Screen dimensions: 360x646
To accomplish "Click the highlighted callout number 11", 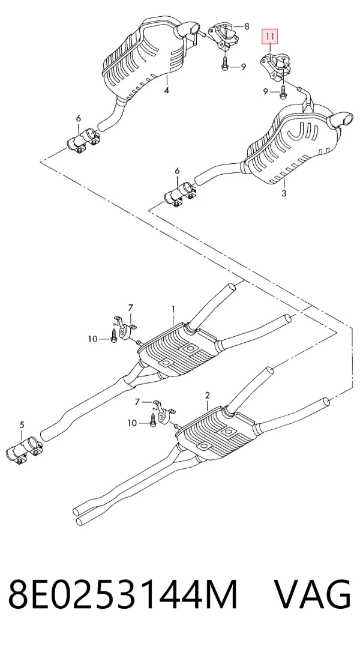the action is pyautogui.click(x=270, y=37).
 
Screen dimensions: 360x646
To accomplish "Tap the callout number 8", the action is pyautogui.click(x=247, y=27).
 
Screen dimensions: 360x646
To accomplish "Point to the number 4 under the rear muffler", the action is pyautogui.click(x=166, y=89).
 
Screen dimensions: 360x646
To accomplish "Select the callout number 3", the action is pyautogui.click(x=283, y=192).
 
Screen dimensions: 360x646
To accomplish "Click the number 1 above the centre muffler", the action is pyautogui.click(x=174, y=309).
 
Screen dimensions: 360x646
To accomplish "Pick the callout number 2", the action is pyautogui.click(x=208, y=396).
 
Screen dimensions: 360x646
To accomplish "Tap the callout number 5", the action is pyautogui.click(x=22, y=424).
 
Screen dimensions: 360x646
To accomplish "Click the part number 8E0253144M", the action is pyautogui.click(x=123, y=594).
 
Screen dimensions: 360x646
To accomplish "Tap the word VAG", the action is pyautogui.click(x=312, y=594).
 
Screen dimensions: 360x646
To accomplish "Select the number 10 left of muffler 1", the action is pyautogui.click(x=92, y=339).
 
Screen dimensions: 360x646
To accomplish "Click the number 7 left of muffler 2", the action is pyautogui.click(x=137, y=401).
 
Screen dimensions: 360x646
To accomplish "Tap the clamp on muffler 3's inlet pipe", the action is pyautogui.click(x=179, y=195).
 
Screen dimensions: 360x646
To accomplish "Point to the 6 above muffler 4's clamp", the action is pyautogui.click(x=79, y=119).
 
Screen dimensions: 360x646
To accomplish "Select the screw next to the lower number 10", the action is pyautogui.click(x=153, y=420).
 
